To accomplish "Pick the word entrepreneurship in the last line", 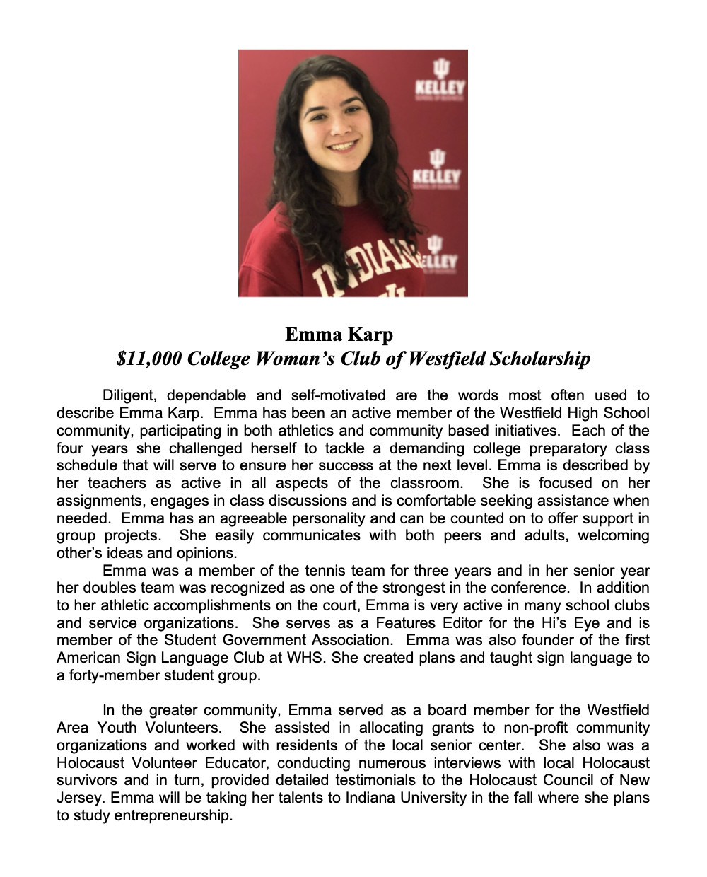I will coord(173,815).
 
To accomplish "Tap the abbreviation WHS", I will coord(305,658).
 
